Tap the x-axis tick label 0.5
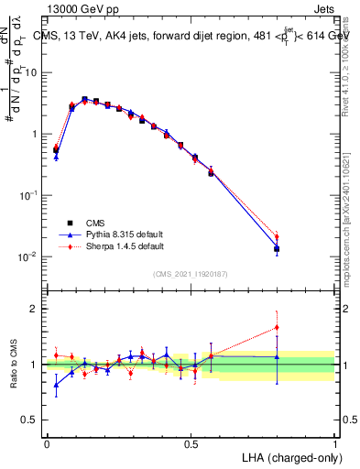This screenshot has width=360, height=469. (191, 443)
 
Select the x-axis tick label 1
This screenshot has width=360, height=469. (334, 443)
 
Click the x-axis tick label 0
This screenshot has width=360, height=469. (47, 443)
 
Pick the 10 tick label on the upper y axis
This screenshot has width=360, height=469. (30, 71)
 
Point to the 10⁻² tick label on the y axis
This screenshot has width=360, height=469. (27, 256)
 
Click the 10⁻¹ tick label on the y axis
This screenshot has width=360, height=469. (27, 195)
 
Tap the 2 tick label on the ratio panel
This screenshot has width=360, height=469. (35, 309)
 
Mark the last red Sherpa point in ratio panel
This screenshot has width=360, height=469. (277, 327)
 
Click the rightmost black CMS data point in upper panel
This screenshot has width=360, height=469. (277, 248)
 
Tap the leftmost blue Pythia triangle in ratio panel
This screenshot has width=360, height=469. (56, 384)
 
